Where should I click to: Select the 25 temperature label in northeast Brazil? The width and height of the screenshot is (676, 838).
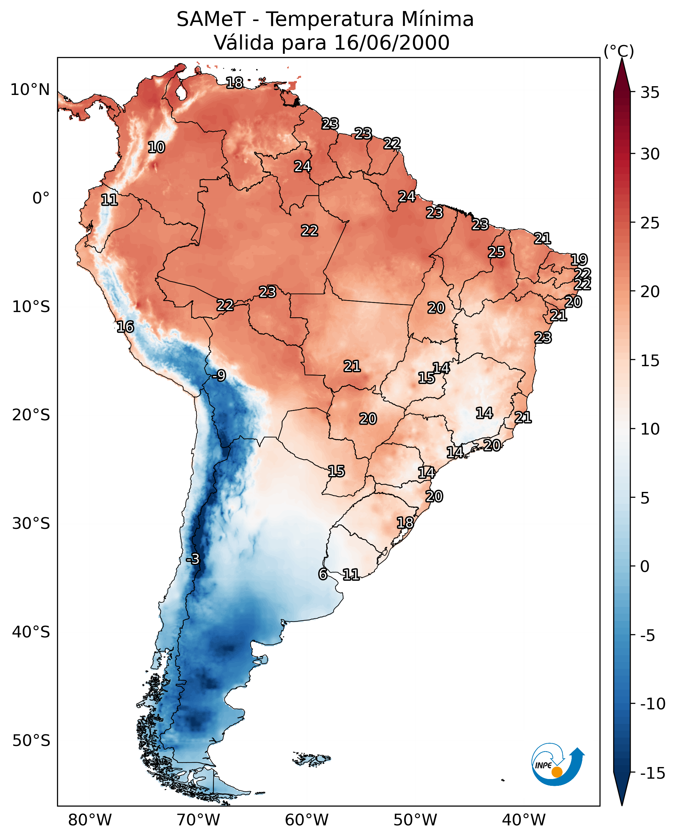(x=496, y=252)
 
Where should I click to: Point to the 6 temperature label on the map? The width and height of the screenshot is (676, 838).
(x=323, y=574)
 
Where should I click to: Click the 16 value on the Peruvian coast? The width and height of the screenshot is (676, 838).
(x=125, y=327)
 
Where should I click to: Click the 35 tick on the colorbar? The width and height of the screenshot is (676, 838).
(x=650, y=93)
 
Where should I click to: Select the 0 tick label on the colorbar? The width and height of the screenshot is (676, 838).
(x=645, y=566)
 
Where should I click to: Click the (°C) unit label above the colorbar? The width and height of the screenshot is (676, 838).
(x=619, y=52)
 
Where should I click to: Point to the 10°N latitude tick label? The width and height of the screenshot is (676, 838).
(x=30, y=90)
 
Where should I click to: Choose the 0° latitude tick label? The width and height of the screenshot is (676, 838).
(x=41, y=198)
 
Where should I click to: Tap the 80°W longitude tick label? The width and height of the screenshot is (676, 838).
(x=90, y=820)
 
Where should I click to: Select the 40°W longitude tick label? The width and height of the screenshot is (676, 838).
(x=524, y=820)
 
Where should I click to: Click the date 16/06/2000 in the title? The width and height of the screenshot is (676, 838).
(x=392, y=43)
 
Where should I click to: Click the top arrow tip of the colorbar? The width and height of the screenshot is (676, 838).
(x=622, y=59)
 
